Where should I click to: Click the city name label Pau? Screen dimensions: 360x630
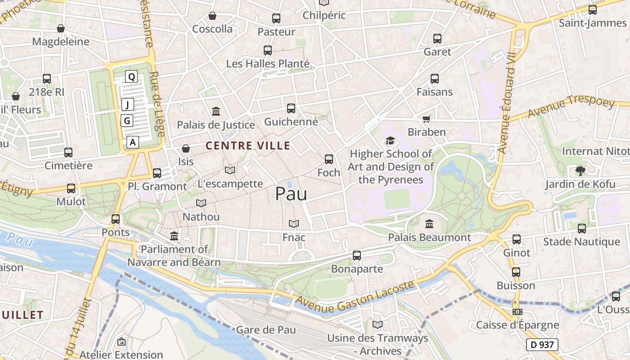tap(291, 194)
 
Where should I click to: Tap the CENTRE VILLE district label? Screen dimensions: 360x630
tap(248, 146)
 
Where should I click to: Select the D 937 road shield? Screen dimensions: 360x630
tap(542, 345)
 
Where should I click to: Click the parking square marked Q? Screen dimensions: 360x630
tap(131, 77)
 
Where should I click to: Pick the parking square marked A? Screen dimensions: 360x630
tap(132, 142)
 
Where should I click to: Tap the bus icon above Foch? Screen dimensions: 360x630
tap(329, 159)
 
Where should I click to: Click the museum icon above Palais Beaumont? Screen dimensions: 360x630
tap(429, 224)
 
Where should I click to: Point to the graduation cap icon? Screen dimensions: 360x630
tap(390, 141)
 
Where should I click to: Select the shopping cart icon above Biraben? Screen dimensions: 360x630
tap(427, 119)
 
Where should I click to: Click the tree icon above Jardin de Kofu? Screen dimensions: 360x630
tap(580, 171)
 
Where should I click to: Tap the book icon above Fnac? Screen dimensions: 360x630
tap(294, 224)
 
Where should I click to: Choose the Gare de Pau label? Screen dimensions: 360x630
tap(266, 330)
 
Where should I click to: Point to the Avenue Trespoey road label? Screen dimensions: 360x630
tap(571, 107)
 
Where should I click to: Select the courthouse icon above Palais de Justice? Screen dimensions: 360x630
tap(216, 112)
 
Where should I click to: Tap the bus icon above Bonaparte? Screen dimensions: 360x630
tap(357, 256)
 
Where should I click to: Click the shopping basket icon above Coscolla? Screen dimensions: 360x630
tap(212, 16)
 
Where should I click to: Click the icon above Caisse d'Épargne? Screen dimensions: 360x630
tap(517, 312)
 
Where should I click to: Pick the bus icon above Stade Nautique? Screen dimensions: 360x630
tap(582, 229)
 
